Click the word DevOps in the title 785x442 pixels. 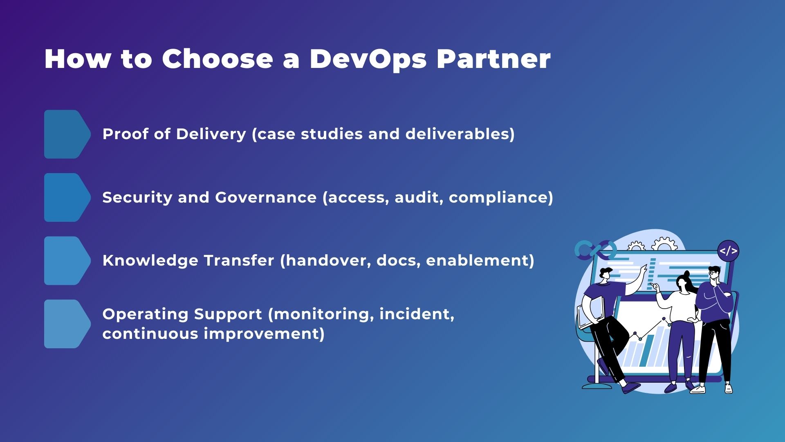coord(368,59)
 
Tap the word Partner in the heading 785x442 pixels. coord(493,59)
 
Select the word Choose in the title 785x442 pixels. coord(218,59)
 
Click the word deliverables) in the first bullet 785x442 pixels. coord(460,134)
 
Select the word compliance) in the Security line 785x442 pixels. coord(501,198)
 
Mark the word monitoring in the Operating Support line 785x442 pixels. coord(323,314)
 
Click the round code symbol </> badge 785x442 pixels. coord(728,251)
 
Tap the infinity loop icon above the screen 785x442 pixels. coord(595,249)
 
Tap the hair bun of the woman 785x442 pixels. coord(686,274)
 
